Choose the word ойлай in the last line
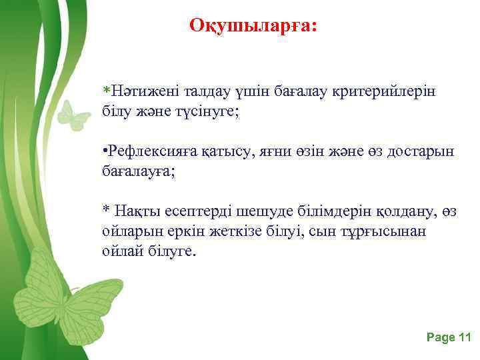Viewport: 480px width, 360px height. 120,252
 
